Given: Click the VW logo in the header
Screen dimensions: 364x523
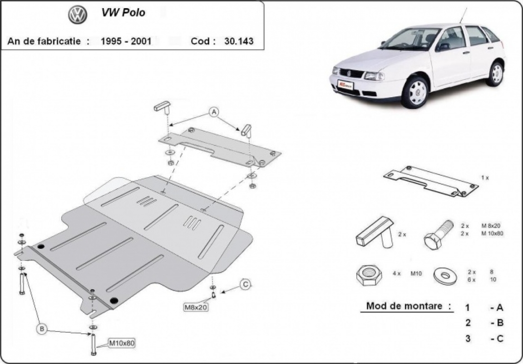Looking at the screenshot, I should tap(78, 15).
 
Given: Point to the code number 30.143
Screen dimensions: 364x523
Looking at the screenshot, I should tap(238, 41).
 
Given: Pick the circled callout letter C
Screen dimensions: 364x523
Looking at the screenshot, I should tap(245, 285).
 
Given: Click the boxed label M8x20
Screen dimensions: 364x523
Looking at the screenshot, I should tap(195, 307).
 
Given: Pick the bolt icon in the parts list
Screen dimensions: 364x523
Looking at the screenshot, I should tap(438, 234).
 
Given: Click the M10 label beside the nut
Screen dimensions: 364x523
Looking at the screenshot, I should tap(416, 274).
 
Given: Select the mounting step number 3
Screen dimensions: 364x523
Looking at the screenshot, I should tap(468, 338).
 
